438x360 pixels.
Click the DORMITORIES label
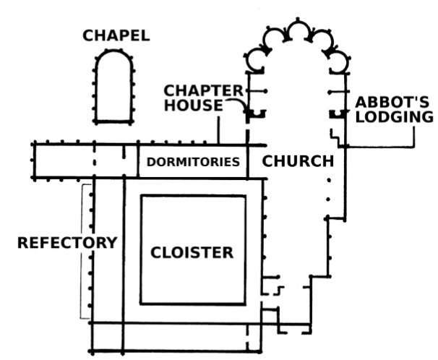click(x=193, y=162)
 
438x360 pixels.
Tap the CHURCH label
click(x=297, y=160)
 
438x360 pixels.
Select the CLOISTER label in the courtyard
click(x=192, y=252)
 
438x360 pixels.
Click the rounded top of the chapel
click(x=113, y=56)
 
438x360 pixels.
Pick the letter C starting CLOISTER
click(x=155, y=252)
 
